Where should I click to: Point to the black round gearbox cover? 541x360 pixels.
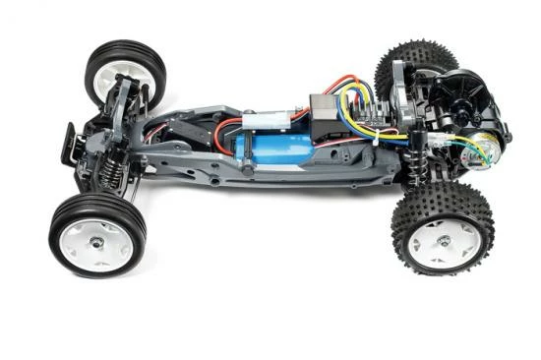tap(462, 94)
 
